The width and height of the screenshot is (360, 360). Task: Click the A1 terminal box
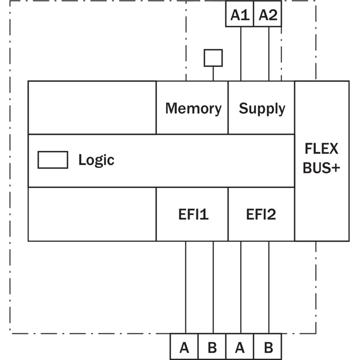coord(240,15)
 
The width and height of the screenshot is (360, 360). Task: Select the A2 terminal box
coord(268,15)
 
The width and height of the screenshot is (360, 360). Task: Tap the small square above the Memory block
coord(213,58)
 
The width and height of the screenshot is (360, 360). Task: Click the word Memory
coord(193,108)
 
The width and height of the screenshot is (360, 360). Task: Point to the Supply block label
coord(262,108)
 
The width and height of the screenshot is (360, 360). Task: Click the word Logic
coord(96,160)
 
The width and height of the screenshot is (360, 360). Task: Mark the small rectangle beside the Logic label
coord(53,160)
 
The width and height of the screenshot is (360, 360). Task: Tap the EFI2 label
coord(261,214)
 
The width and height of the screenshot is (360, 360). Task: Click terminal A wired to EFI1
coord(184,347)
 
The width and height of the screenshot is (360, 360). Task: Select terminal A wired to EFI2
coord(240,347)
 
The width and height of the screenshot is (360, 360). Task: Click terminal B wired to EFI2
coord(268,347)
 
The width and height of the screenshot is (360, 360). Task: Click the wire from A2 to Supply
coord(269,54)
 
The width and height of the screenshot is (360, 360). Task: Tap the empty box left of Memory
coord(92,108)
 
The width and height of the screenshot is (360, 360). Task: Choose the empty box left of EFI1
coord(92,214)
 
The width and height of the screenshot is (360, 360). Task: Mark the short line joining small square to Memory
coord(213,74)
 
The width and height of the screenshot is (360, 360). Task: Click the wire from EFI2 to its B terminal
coord(269,288)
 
